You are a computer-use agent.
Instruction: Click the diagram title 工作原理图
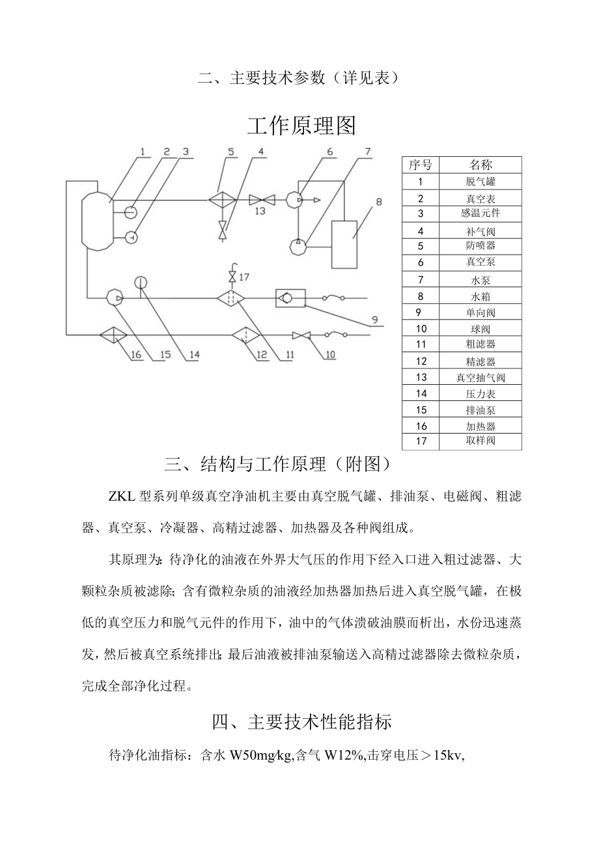click(x=301, y=126)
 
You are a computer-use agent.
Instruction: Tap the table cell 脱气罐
click(x=481, y=182)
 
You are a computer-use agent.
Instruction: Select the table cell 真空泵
click(x=481, y=262)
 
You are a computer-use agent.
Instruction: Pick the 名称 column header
click(x=481, y=164)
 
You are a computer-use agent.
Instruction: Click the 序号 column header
click(x=421, y=164)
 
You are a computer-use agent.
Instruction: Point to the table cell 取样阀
click(x=481, y=441)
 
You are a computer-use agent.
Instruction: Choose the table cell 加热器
click(x=481, y=426)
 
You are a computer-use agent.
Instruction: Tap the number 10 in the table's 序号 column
click(x=421, y=329)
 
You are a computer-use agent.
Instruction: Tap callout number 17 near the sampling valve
click(x=244, y=277)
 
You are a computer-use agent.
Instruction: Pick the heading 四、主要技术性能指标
click(x=301, y=722)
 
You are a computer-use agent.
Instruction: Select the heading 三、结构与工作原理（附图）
click(x=278, y=465)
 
